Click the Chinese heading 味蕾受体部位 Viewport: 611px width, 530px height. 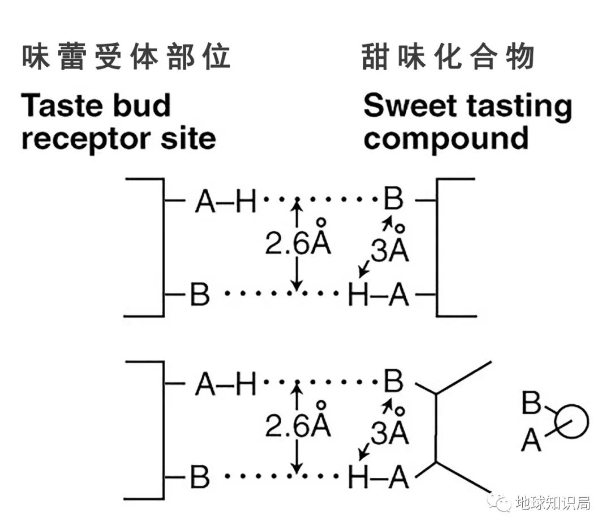pos(126,57)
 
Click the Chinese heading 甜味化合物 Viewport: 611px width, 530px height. pos(448,57)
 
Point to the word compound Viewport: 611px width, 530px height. pos(446,139)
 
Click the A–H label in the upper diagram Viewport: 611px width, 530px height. pos(225,201)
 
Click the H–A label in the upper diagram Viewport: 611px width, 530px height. pos(378,295)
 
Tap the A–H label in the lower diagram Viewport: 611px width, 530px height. pos(225,386)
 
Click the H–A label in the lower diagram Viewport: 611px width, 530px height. pos(378,479)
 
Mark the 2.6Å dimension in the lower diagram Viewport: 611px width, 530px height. pos(298,426)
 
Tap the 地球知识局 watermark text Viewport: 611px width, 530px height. pos(553,502)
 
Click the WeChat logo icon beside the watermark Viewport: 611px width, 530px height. pos(500,501)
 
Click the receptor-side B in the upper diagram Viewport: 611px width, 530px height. pos(200,295)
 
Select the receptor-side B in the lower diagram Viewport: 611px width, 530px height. pos(200,479)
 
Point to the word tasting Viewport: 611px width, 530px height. pos(517,106)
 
